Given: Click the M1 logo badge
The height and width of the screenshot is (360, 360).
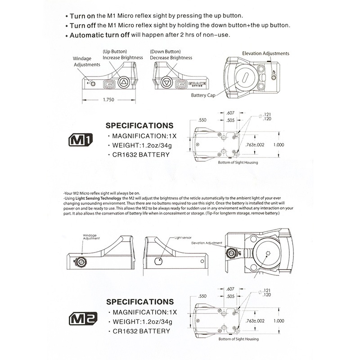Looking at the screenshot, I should click(x=80, y=139).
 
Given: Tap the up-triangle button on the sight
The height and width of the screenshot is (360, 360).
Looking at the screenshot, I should click(x=124, y=82).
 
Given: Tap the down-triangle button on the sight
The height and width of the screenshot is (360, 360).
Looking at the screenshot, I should click(x=167, y=82).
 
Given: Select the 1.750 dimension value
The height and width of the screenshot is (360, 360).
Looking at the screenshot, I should click(x=108, y=100).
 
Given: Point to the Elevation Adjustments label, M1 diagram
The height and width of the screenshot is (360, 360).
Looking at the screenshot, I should click(x=265, y=54).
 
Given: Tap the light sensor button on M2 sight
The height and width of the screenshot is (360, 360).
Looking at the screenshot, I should click(x=158, y=261).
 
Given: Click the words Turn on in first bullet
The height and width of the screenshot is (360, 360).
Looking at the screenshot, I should click(x=82, y=15).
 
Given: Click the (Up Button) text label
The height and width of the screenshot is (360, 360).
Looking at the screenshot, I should click(x=115, y=52).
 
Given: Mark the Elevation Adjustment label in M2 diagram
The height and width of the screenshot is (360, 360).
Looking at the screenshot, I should click(x=207, y=243).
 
